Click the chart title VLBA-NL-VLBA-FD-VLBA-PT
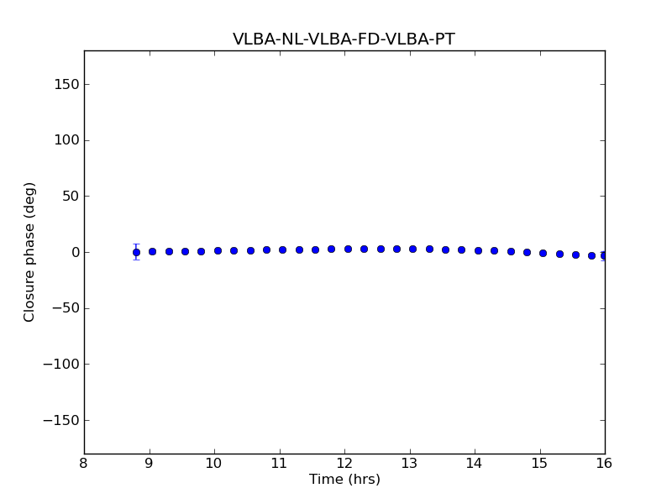coord(344,39)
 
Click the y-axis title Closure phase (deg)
coord(30,252)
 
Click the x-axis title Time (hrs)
coord(344,480)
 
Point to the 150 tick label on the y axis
coord(66,84)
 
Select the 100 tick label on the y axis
coord(66,140)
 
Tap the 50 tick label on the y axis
coord(69,197)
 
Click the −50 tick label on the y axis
coord(65,308)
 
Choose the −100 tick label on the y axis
coord(61,365)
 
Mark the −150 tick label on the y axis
coord(61,420)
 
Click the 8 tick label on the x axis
coord(84,464)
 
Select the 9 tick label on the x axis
coord(150,464)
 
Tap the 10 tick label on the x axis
coord(214,464)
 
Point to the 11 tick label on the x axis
coord(279,464)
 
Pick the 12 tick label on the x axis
coord(344,464)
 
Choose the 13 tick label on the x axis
coord(409,464)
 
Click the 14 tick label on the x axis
coord(475,464)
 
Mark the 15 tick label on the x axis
coord(539,464)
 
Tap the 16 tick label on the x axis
coord(605,464)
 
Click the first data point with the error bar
coord(136,252)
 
